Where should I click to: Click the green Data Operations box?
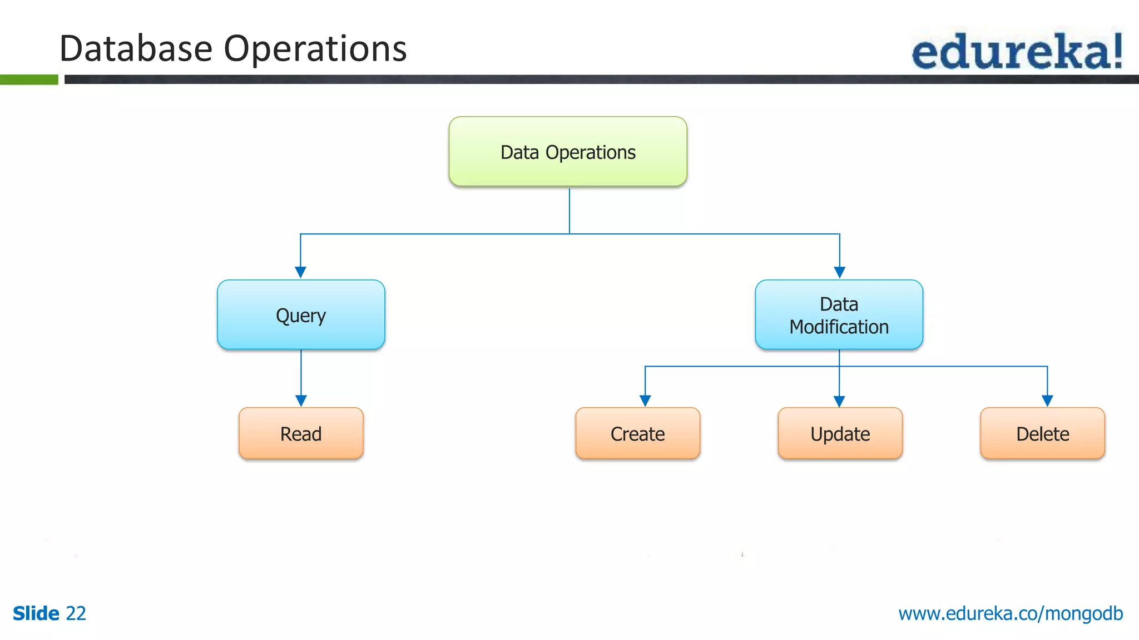[x=568, y=152]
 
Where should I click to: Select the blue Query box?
[x=301, y=315]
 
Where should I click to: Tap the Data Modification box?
[x=839, y=315]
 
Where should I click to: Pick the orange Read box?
[x=301, y=433]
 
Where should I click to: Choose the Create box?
[x=637, y=433]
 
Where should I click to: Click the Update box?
[x=840, y=433]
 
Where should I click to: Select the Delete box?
[x=1042, y=433]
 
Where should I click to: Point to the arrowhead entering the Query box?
[x=300, y=272]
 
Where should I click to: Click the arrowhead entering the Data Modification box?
[x=840, y=272]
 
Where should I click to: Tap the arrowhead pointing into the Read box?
[x=301, y=401]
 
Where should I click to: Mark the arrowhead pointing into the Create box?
[x=645, y=401]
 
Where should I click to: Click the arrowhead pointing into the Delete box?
[x=1047, y=401]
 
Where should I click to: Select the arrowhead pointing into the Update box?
[x=839, y=401]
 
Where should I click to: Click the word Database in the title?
[x=136, y=49]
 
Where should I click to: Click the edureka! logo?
[x=1017, y=51]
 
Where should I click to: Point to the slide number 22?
[x=76, y=613]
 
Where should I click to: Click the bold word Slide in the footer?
[x=36, y=613]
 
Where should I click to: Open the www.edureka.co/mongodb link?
[x=1010, y=613]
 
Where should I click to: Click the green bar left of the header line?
[x=29, y=79]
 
